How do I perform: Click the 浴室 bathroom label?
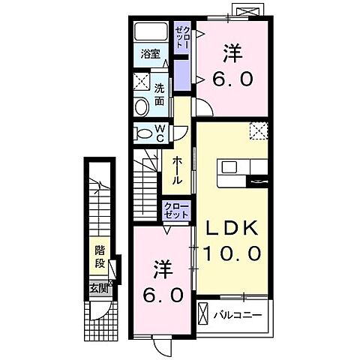[150, 54]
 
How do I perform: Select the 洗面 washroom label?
[159, 94]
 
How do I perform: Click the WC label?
[160, 133]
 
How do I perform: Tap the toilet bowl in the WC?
[144, 133]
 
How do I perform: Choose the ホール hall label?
[177, 170]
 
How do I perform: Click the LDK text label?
[232, 228]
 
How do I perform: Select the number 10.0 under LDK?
[232, 253]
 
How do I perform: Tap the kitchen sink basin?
[229, 166]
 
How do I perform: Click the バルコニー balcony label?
[237, 315]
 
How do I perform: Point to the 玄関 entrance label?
[99, 289]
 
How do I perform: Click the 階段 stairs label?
[100, 256]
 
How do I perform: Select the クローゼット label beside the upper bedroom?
[182, 37]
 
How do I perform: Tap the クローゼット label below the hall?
[176, 211]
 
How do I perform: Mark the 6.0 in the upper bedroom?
[232, 79]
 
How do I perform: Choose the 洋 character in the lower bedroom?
[163, 269]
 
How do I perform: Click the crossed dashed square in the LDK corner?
[259, 130]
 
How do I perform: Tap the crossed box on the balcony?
[202, 313]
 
